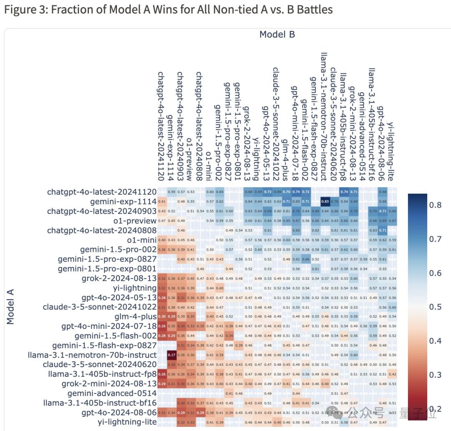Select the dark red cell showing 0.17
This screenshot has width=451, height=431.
point(171,355)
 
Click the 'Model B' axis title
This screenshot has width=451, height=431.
point(277,34)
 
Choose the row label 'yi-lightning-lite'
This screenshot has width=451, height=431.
point(127,422)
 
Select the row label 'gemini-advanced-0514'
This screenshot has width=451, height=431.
point(112,393)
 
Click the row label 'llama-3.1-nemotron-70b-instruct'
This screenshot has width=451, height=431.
point(92,355)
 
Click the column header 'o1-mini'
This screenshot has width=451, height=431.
point(208,165)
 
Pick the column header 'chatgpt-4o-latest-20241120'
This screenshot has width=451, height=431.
point(161,125)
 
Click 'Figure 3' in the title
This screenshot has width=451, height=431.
point(25,10)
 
